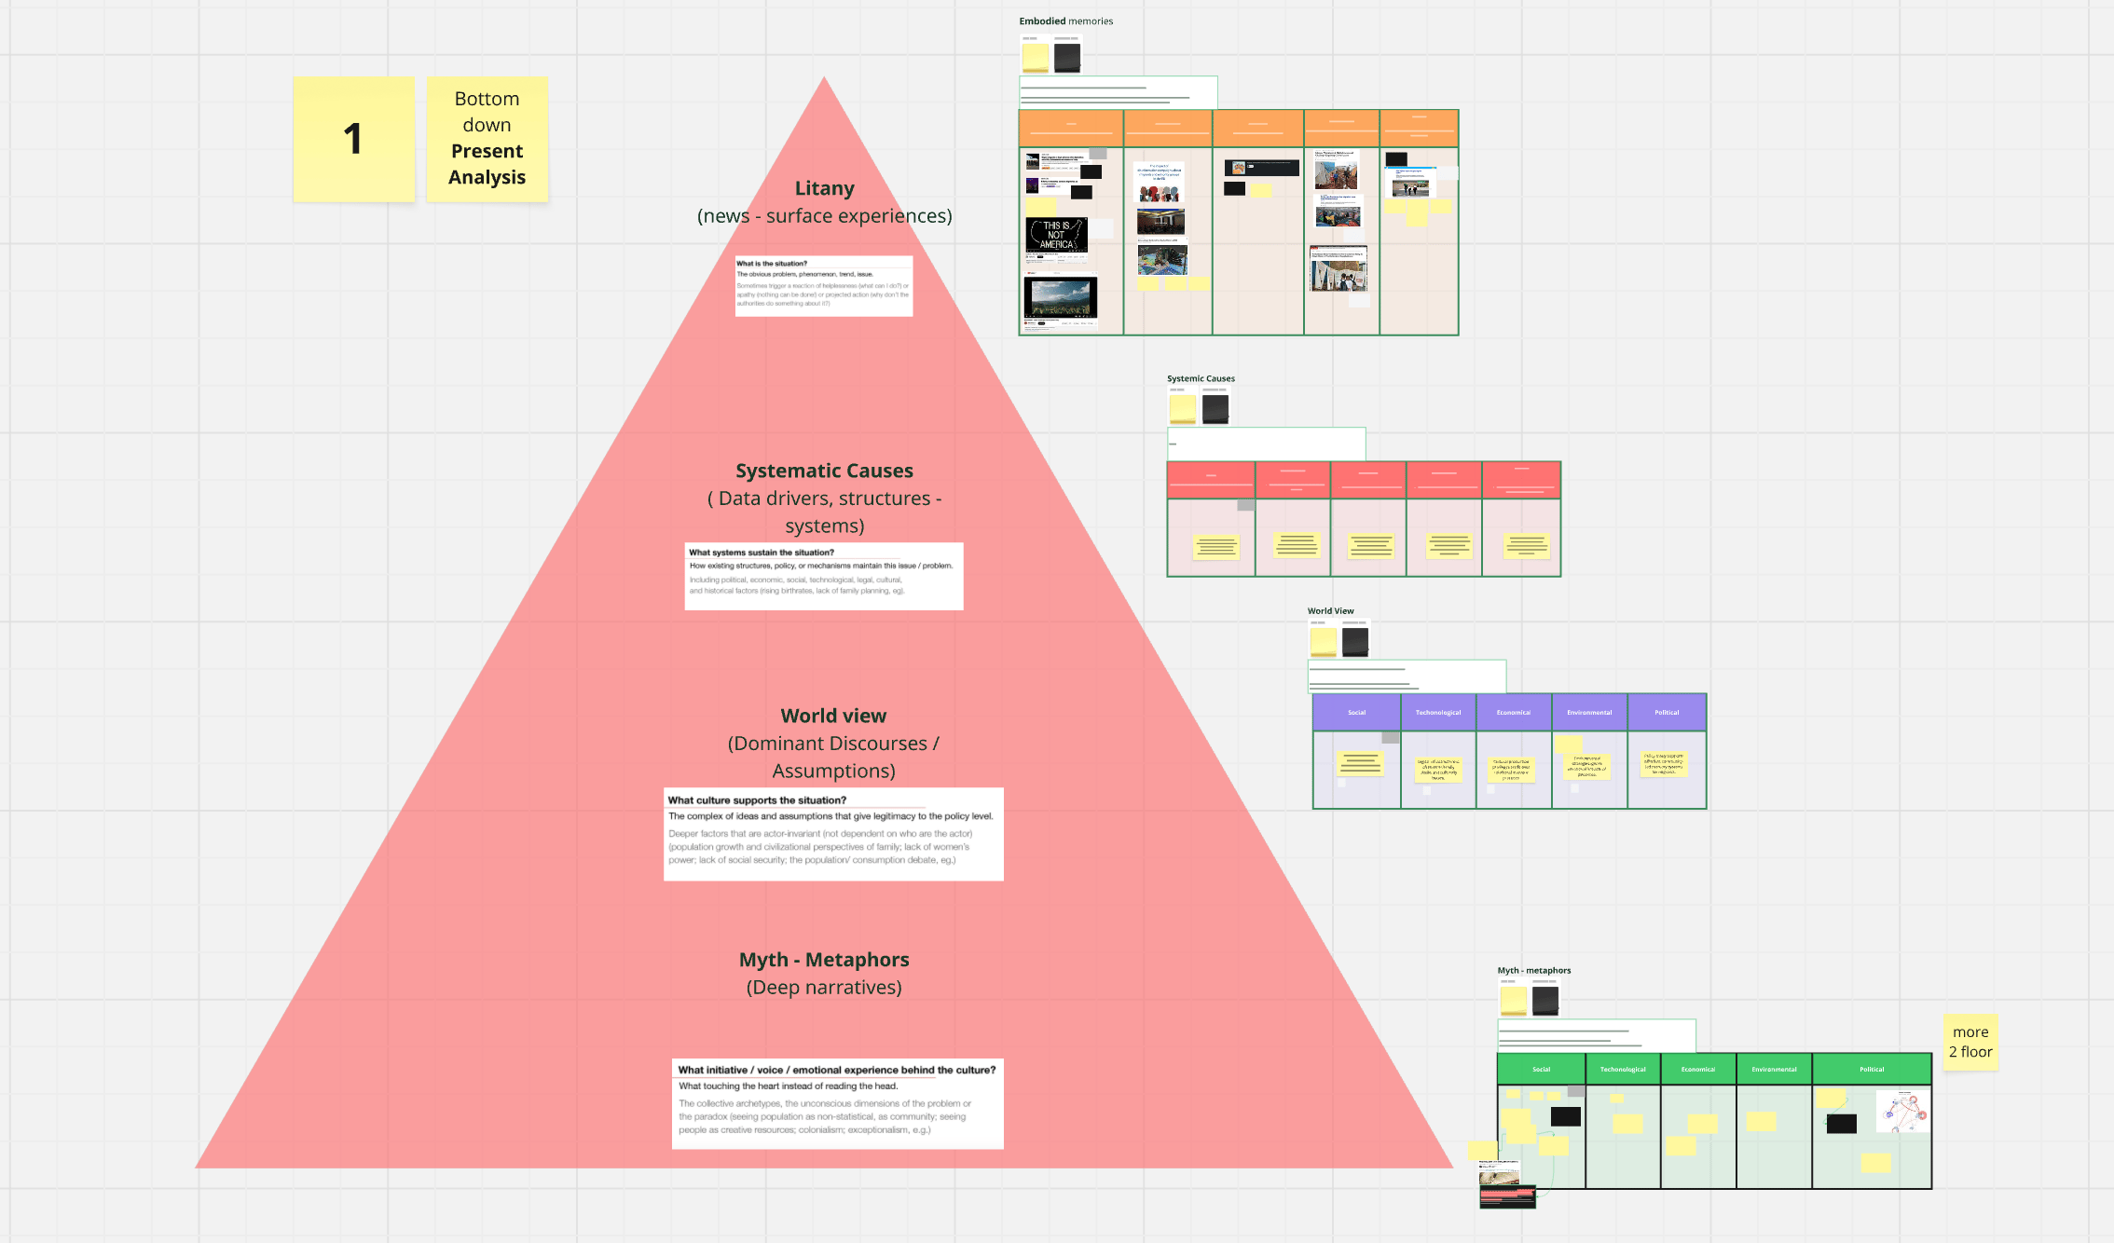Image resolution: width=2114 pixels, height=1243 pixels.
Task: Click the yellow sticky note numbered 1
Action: [x=353, y=139]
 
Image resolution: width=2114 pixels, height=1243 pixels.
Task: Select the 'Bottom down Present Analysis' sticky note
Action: [x=487, y=139]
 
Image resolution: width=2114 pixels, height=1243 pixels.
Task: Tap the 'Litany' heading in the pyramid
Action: [x=824, y=188]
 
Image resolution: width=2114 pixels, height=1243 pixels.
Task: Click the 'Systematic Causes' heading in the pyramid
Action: [x=824, y=471]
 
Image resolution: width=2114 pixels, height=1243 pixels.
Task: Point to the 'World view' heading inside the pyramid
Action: [x=833, y=716]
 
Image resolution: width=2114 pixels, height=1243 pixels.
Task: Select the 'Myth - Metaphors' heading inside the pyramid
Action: [x=824, y=960]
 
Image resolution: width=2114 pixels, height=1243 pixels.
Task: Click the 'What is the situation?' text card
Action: [x=824, y=286]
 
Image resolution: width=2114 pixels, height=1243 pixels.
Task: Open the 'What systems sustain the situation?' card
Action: [x=824, y=576]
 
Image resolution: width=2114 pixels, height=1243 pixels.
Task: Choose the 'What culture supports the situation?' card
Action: [x=833, y=834]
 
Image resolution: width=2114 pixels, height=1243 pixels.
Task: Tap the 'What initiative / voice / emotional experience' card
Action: [x=837, y=1103]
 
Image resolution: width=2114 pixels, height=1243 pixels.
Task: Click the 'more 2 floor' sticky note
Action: [x=1970, y=1042]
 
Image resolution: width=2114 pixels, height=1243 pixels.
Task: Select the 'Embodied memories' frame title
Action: [x=1065, y=21]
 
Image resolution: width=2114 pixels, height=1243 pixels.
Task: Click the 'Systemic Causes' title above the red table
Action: [x=1201, y=378]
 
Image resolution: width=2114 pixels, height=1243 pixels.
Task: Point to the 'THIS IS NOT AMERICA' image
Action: [x=1056, y=235]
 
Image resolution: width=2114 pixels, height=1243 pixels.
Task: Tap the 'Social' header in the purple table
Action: [x=1356, y=713]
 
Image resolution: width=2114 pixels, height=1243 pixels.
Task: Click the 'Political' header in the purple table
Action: [x=1667, y=713]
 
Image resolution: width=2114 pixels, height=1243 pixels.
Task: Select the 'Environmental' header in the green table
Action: [x=1774, y=1070]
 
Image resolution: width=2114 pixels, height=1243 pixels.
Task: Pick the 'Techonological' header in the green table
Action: [x=1623, y=1070]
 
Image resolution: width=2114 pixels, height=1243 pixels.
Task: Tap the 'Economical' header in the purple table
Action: [x=1514, y=713]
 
